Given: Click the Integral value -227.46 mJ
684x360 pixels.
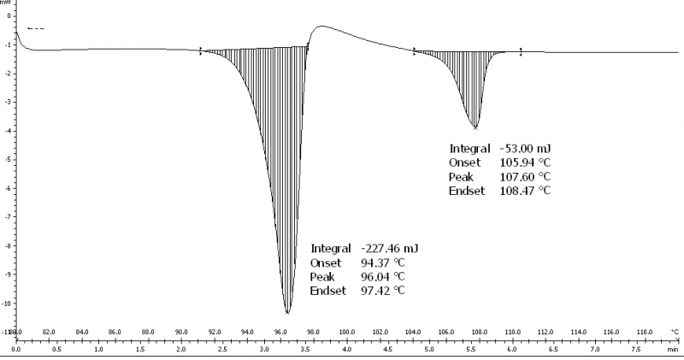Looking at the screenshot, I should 389,248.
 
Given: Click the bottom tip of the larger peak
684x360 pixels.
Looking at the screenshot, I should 287,312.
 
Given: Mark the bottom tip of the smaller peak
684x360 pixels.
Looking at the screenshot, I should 475,127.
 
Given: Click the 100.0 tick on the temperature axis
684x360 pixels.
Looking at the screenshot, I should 347,332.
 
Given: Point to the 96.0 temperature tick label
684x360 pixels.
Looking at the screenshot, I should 281,332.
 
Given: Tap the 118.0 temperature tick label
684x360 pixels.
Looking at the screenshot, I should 645,332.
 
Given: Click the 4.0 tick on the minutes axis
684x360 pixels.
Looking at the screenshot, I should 347,350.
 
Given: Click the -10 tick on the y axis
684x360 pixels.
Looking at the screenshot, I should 6,304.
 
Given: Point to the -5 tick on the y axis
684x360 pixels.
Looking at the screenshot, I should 7,160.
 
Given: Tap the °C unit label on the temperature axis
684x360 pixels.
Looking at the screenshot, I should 675,332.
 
